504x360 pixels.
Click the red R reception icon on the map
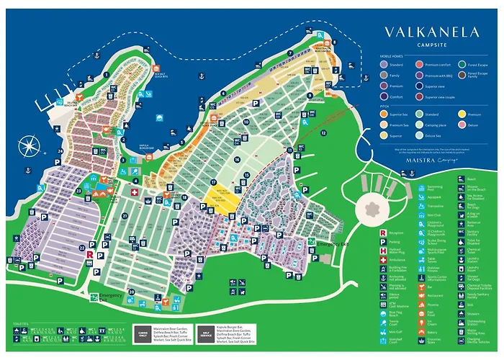coord(88,254)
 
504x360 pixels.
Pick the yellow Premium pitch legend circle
coord(462,114)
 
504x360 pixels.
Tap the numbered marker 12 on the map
coord(324,133)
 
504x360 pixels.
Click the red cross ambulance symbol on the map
coord(133,194)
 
